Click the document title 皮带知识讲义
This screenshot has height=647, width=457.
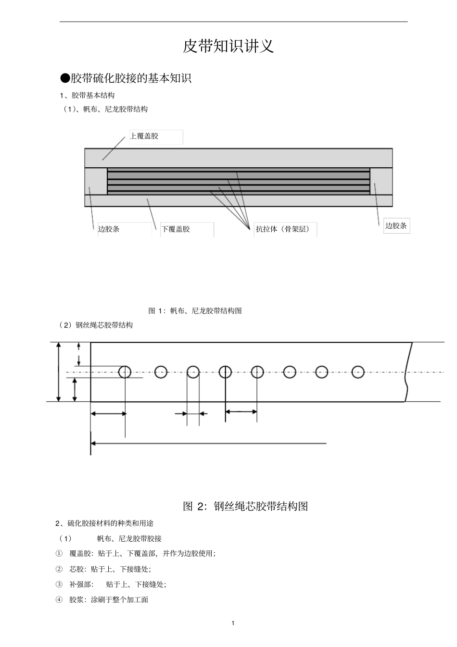pos(228,47)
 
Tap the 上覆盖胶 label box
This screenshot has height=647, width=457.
pos(156,137)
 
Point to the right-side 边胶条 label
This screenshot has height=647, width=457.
pos(396,225)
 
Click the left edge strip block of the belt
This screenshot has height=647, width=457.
pos(96,181)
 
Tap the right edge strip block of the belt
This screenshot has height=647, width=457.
pos(381,181)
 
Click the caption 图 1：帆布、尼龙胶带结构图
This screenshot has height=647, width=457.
pos(195,311)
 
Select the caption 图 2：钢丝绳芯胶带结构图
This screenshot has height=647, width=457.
pos(245,506)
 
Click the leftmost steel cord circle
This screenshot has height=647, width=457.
pos(125,372)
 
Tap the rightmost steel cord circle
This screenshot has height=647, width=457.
pos(358,372)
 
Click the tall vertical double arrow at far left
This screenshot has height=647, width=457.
pos(59,372)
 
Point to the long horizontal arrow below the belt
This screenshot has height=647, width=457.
pos(209,443)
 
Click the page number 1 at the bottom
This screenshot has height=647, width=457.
pos(233,623)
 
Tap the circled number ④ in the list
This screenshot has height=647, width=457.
pos(59,600)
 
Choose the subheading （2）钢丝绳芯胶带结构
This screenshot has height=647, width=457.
pos(96,325)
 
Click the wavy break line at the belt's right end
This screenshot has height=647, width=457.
pos(408,372)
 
